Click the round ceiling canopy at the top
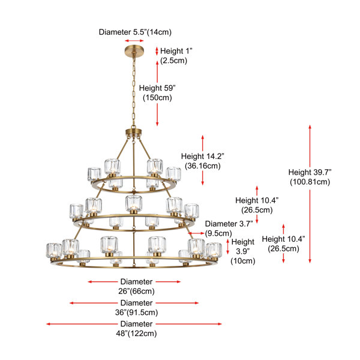(134, 50)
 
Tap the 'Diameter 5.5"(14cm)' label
(135, 32)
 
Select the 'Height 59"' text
(157, 88)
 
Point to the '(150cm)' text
(157, 98)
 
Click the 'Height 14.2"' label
(203, 156)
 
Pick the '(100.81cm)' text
(310, 182)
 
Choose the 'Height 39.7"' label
(310, 172)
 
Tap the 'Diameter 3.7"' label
(229, 224)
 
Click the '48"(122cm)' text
(136, 334)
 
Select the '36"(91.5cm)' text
(136, 313)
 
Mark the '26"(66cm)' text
(136, 292)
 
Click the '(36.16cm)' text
(203, 166)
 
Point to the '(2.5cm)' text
(173, 61)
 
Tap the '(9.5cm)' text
(218, 233)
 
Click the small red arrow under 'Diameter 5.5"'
(134, 41)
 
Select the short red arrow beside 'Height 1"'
(157, 51)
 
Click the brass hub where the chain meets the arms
(133, 133)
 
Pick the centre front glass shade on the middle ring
(134, 204)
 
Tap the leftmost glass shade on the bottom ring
(54, 251)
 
